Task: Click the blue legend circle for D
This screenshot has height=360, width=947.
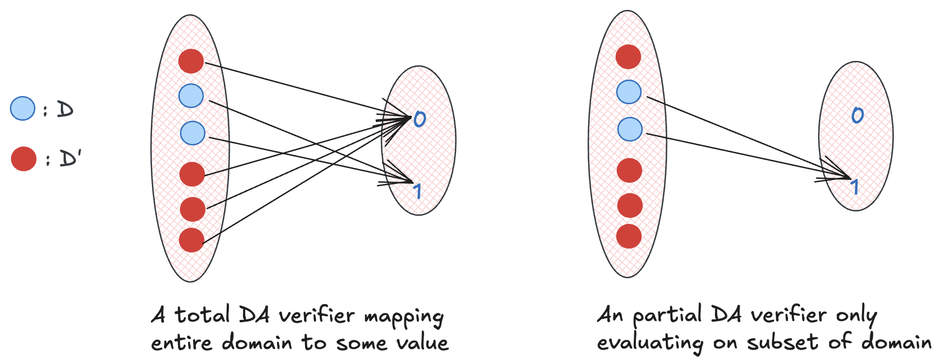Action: click(x=22, y=108)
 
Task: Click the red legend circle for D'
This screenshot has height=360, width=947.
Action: click(x=24, y=159)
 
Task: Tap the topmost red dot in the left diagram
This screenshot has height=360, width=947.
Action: click(x=191, y=60)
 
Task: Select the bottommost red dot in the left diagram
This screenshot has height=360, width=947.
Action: click(x=191, y=240)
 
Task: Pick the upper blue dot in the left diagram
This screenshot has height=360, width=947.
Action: click(x=191, y=96)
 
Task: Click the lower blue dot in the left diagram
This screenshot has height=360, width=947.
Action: click(x=193, y=133)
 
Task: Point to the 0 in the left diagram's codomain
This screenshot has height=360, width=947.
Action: click(x=419, y=119)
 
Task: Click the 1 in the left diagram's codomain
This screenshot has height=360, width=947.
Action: click(x=418, y=190)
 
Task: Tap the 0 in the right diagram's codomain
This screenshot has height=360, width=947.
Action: click(x=857, y=115)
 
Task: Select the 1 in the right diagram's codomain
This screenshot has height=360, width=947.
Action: click(x=854, y=187)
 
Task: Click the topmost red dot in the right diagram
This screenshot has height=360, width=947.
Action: click(x=628, y=57)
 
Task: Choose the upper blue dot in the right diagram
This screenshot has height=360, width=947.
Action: click(x=629, y=92)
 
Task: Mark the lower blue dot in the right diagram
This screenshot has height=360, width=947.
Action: click(x=630, y=129)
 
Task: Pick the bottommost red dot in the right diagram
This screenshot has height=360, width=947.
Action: click(x=629, y=236)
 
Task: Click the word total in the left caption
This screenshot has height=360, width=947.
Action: click(x=202, y=315)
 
